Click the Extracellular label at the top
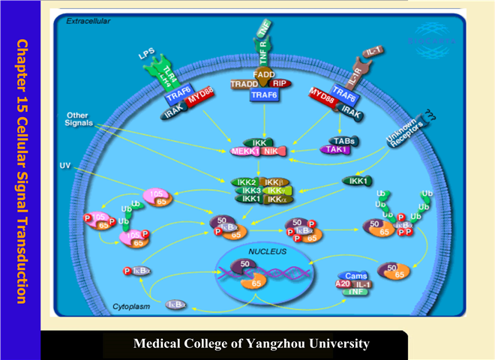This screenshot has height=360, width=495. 88,21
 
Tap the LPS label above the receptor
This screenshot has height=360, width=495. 148,54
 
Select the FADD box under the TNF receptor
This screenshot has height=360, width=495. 262,76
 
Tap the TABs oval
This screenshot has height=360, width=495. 346,140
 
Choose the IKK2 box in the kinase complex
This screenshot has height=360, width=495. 247,182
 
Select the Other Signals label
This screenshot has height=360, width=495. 82,119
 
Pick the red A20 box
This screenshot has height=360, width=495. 340,284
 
